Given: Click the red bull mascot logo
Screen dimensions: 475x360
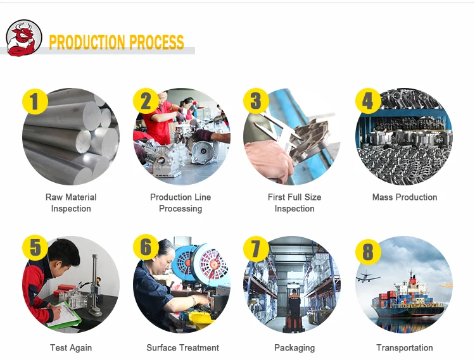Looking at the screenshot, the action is click(23, 38).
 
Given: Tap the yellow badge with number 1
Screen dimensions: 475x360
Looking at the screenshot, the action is click(35, 101).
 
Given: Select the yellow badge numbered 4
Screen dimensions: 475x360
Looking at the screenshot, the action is click(368, 101).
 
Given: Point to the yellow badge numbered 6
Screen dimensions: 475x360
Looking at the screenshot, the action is click(146, 247).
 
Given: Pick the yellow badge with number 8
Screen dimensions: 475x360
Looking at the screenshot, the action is click(368, 252).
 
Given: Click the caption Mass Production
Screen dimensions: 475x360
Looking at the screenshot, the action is click(405, 197).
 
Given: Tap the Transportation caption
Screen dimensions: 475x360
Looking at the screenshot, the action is click(405, 348).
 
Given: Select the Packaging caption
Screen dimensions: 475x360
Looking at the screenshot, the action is click(294, 348).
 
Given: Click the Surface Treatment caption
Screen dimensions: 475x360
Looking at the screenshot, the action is click(182, 348).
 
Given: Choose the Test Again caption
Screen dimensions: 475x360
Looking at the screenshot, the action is click(71, 348).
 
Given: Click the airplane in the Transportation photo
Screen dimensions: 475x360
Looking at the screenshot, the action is click(368, 276).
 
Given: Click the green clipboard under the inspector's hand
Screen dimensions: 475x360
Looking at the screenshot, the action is click(64, 316).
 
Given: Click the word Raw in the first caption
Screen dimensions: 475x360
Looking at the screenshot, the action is click(53, 197).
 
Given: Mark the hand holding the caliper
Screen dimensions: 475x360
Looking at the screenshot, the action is click(267, 160).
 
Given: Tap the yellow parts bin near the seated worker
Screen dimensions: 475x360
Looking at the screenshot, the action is click(201, 321).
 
